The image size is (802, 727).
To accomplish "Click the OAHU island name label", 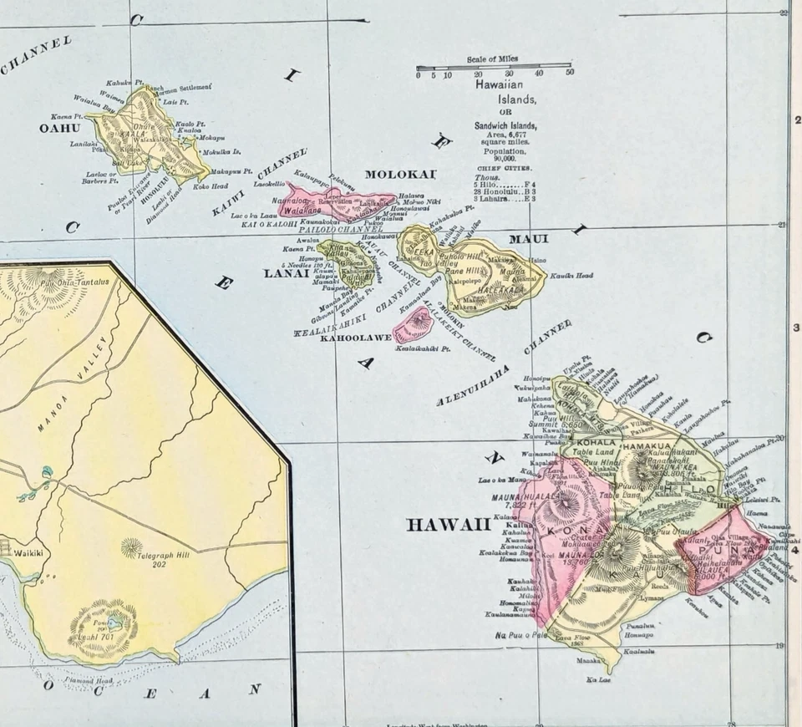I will tap(58, 128).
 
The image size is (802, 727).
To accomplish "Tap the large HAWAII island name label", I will tap(449, 525).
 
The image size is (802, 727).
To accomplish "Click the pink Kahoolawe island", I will tap(413, 324).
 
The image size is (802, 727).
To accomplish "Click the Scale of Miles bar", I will tap(494, 68).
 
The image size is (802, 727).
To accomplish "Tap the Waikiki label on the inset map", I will tap(23, 552).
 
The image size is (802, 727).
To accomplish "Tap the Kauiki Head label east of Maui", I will tap(572, 275).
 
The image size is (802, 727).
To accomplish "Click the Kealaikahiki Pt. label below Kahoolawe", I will tap(423, 348).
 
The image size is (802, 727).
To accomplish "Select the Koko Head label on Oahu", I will tap(211, 186).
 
